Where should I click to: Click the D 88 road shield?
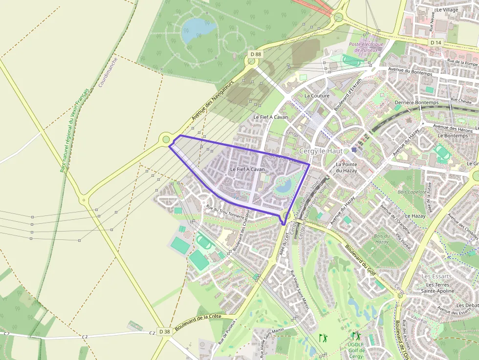click(255, 54)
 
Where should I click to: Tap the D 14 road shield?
click(436, 43)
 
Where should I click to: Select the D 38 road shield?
click(164, 331)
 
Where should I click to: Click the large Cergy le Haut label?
click(321, 151)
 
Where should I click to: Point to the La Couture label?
click(317, 96)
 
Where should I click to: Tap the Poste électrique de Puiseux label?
click(366, 47)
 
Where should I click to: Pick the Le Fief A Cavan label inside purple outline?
click(247, 169)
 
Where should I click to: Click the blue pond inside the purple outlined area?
click(284, 185)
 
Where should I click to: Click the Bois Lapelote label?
click(412, 192)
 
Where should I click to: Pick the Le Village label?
click(447, 9)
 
